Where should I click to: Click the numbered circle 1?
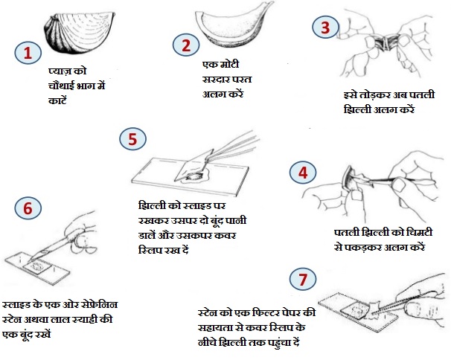28,53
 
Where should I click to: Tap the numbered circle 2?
186,45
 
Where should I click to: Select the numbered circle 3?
325,27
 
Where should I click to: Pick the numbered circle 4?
303,173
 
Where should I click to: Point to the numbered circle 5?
132,139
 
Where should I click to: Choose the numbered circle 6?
28,208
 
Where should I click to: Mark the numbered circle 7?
303,279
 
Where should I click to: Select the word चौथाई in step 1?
62,86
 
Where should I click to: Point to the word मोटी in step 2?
229,64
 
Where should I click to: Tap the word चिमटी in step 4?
419,232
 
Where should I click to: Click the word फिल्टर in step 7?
266,312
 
